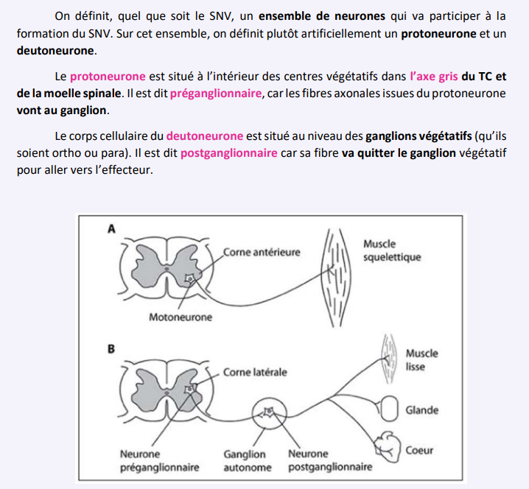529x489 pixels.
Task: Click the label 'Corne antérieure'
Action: coord(262,252)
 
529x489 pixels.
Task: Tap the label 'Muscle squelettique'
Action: coord(392,250)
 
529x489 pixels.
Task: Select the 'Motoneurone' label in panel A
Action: coord(180,317)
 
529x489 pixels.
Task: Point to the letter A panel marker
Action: coord(112,229)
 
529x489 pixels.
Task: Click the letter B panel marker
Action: coord(112,348)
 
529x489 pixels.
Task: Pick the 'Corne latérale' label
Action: coord(255,372)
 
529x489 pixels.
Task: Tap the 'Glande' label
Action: coord(422,410)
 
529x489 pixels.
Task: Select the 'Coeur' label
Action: coord(419,450)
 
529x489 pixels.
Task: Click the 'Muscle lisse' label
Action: coord(421,359)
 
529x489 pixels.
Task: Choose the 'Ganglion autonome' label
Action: coord(247,460)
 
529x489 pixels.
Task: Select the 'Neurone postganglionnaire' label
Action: coord(329,460)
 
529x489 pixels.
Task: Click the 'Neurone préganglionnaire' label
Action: coord(159,460)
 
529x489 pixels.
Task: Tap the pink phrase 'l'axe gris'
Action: coord(434,76)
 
